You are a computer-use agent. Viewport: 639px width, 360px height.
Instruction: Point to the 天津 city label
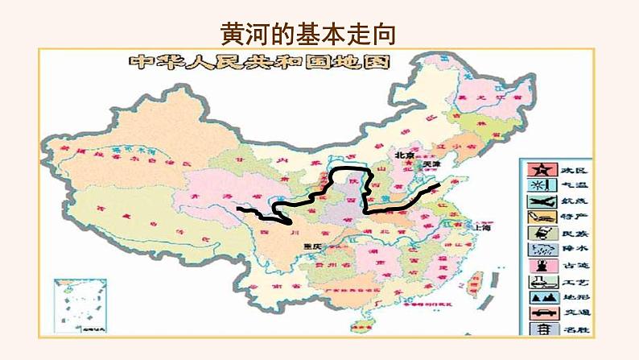(x=432, y=164)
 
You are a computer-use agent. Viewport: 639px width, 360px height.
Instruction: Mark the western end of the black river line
(x=239, y=209)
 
